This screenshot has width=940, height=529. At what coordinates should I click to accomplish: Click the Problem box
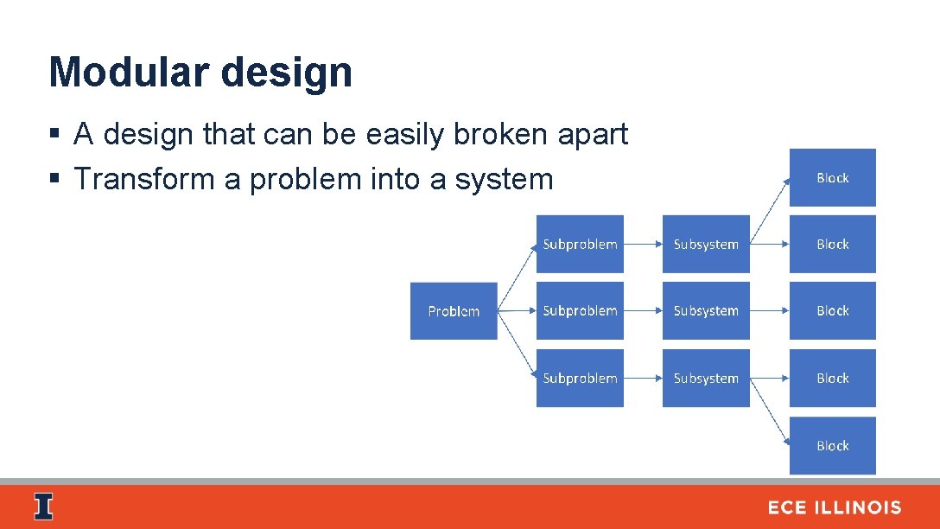click(x=454, y=311)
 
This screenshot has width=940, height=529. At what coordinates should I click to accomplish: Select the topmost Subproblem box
click(x=580, y=245)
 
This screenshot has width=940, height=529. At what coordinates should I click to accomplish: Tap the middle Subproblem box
click(x=580, y=311)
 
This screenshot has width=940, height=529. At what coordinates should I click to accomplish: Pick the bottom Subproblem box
click(x=580, y=379)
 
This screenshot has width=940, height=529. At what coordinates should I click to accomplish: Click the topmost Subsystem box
click(x=706, y=245)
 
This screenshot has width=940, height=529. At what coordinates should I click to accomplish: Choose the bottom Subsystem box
click(x=706, y=379)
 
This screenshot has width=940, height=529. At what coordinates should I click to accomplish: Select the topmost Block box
click(x=833, y=178)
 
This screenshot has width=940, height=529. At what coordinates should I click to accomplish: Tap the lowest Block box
click(x=833, y=446)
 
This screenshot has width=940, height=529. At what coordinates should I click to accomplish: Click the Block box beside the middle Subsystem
click(x=833, y=311)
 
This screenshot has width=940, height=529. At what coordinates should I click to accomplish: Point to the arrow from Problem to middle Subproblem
click(x=517, y=311)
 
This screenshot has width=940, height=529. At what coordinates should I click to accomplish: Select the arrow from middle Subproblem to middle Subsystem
click(x=643, y=311)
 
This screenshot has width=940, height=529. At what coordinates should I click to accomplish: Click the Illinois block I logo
click(x=43, y=507)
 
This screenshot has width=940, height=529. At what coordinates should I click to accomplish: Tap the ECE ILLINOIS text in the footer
click(x=835, y=508)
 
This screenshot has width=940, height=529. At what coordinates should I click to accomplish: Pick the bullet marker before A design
click(x=54, y=135)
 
